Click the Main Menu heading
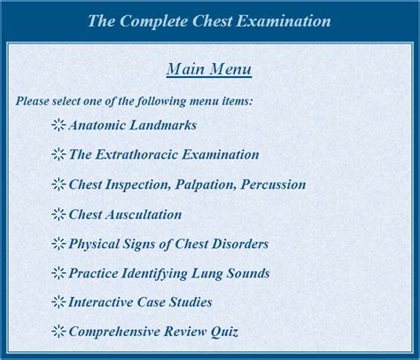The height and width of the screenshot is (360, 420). pos(209,69)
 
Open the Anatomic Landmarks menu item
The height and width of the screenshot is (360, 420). pos(133,125)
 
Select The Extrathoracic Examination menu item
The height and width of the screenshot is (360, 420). pos(164,154)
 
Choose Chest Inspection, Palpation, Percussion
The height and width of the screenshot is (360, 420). pos(187,184)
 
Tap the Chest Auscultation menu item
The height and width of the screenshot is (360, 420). pos(125,215)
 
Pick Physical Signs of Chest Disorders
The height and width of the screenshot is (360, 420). pos(168,244)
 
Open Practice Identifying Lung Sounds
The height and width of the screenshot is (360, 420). pos(169,273)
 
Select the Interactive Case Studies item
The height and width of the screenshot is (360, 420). pos(141,302)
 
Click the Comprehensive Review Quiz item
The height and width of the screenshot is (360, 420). pos(153,332)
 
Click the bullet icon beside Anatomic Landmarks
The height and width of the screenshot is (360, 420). pos(58,125)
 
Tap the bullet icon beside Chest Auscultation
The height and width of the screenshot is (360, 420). pos(58,215)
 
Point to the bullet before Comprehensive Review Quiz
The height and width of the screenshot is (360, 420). pos(58,332)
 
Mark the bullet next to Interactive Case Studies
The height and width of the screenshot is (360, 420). pos(58,302)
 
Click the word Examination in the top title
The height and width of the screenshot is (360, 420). pos(284,20)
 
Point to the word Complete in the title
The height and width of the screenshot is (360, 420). pos(154,21)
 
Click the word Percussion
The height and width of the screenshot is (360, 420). pos(274,184)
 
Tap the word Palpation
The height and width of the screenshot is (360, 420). pos(206,185)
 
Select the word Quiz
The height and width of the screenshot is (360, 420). pos(224,332)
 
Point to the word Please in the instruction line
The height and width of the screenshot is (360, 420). pos(33,101)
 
